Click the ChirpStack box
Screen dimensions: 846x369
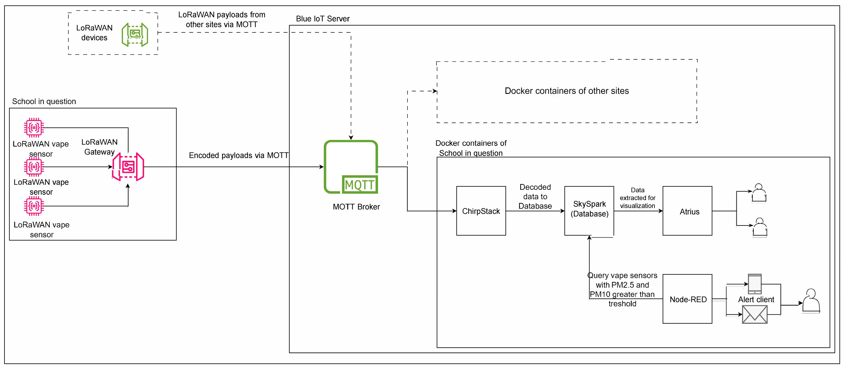tap(481, 211)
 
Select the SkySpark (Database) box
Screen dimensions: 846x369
tap(589, 211)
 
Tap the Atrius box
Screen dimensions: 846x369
tap(687, 211)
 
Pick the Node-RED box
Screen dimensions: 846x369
tap(687, 299)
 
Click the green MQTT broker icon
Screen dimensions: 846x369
tap(351, 167)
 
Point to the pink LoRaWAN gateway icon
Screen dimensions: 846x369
tap(128, 167)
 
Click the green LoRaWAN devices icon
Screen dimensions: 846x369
tap(135, 34)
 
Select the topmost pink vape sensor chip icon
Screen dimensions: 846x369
tap(34, 128)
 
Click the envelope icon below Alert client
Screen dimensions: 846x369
tap(755, 314)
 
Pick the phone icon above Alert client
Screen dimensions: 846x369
tap(755, 284)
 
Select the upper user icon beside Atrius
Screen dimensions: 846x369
tap(759, 193)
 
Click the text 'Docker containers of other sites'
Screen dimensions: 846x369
tap(567, 91)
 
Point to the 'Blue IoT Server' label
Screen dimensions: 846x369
tap(323, 19)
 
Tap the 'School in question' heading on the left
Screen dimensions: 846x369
tap(44, 101)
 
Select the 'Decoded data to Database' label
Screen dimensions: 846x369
tap(535, 197)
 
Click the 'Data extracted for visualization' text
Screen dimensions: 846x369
tap(637, 198)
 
